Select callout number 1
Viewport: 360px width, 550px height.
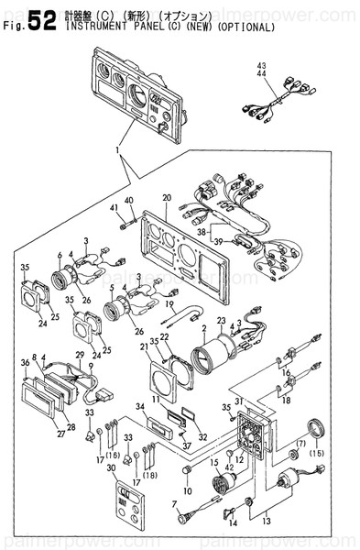(x=117, y=149)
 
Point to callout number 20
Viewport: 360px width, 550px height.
(x=166, y=198)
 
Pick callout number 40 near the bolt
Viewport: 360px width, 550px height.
(x=128, y=200)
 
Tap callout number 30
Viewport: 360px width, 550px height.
(x=112, y=467)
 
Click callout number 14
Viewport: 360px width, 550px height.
(x=233, y=522)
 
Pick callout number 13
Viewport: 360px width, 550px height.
(x=266, y=520)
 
